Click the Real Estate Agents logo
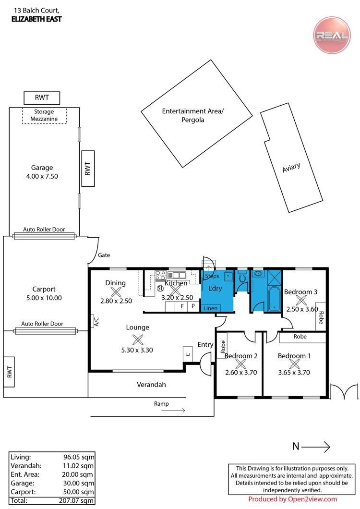(332, 35)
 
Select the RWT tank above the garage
(42, 97)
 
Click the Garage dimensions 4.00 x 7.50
(42, 176)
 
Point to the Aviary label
(291, 168)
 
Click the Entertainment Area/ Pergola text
(193, 115)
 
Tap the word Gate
(104, 255)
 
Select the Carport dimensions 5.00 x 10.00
(44, 298)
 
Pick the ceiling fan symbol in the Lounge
(138, 339)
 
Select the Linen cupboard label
(210, 308)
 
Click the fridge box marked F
(182, 306)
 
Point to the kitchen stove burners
(160, 275)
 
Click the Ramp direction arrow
(173, 410)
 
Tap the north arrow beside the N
(316, 447)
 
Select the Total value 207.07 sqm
(77, 500)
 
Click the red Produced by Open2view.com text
(293, 499)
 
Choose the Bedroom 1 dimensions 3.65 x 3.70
(294, 372)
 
